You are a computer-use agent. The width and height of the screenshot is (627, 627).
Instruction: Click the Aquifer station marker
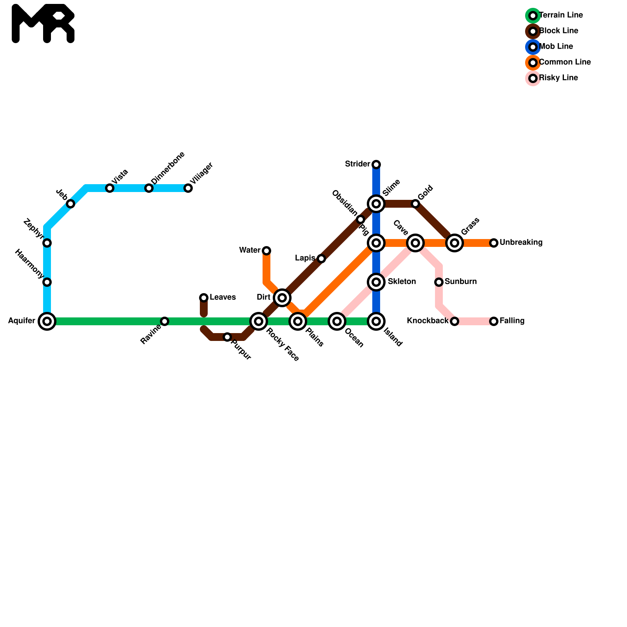pos(47,321)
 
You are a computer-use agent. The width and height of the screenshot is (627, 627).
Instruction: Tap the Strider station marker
pos(376,164)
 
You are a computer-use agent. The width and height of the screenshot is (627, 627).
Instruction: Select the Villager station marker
pos(188,188)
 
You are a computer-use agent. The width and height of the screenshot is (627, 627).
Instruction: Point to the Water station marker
pos(266,250)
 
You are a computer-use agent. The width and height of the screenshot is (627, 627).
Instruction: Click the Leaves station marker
pos(204,298)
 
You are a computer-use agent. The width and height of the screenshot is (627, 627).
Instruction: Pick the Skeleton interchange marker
pos(376,282)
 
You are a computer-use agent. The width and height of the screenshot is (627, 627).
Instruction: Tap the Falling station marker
pos(494,321)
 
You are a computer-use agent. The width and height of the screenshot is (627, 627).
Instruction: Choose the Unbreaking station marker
pos(494,243)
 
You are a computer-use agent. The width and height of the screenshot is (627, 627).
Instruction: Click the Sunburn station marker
pos(439,282)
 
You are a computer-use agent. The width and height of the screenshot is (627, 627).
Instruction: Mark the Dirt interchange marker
pos(282,298)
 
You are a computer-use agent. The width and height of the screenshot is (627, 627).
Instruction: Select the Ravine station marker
pos(165,321)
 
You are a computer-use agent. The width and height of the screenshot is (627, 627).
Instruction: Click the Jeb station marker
pos(71,204)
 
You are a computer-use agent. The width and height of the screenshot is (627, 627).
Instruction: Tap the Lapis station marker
pos(321,259)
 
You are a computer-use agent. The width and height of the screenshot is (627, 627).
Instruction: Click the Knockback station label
pos(427,321)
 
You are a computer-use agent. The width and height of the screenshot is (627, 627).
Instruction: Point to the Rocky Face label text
pos(283,344)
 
